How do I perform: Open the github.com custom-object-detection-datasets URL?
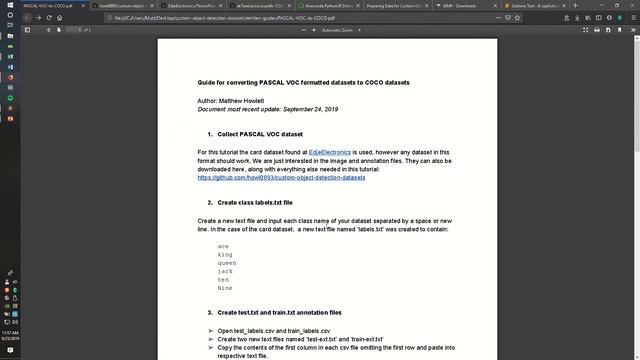[x=281, y=177]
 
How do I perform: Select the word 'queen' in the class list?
[x=227, y=262]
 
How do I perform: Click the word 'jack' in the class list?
[x=226, y=271]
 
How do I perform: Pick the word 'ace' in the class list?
[x=223, y=245]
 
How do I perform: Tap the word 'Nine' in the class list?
[x=225, y=288]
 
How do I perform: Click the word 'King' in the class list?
[x=225, y=254]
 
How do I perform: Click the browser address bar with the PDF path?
[x=200, y=17]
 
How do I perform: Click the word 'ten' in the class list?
[x=224, y=279]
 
